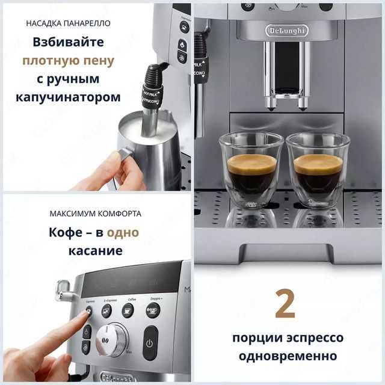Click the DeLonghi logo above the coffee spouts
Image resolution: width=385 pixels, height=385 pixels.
286,30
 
